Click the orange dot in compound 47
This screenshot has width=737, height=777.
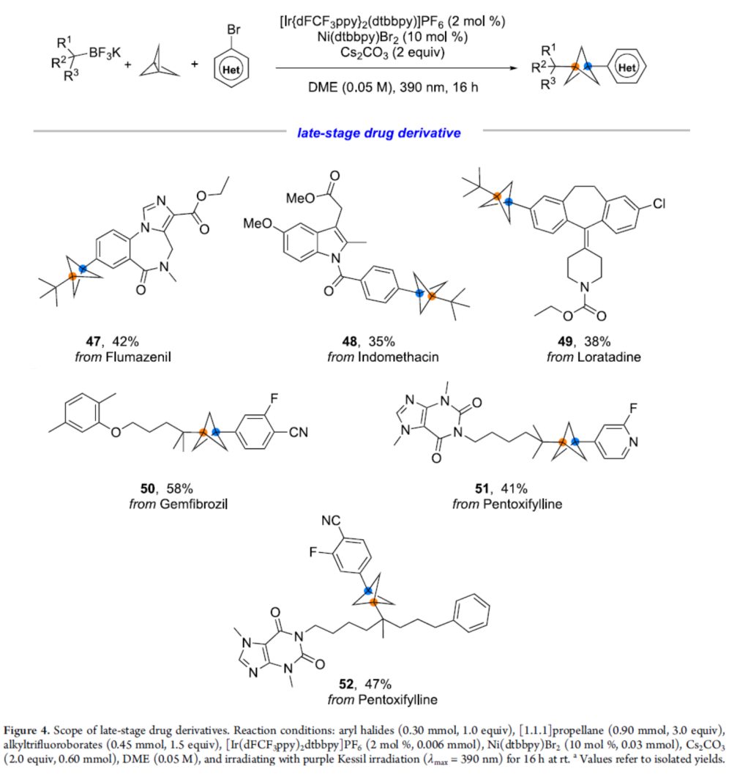point(72,276)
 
